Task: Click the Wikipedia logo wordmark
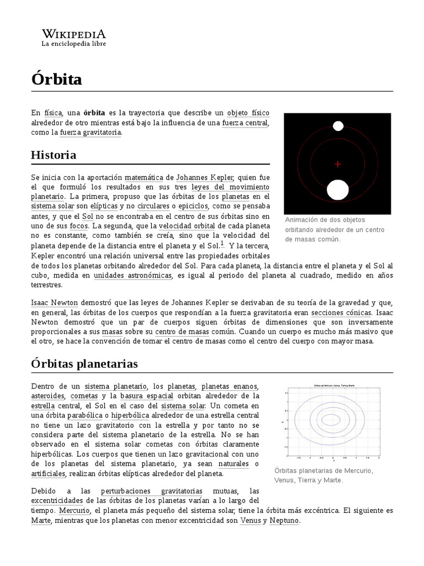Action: pos(73,33)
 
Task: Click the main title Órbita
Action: pos(56,80)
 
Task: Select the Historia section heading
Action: pos(54,155)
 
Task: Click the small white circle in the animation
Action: pos(338,126)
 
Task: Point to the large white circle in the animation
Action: pos(337,190)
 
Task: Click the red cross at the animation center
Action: pos(338,164)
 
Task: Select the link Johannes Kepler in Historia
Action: pos(205,177)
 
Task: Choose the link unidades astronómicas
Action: pos(132,275)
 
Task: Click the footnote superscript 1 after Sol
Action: pos(222,243)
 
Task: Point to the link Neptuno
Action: pos(284,521)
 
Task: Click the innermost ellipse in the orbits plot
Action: pos(331,418)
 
